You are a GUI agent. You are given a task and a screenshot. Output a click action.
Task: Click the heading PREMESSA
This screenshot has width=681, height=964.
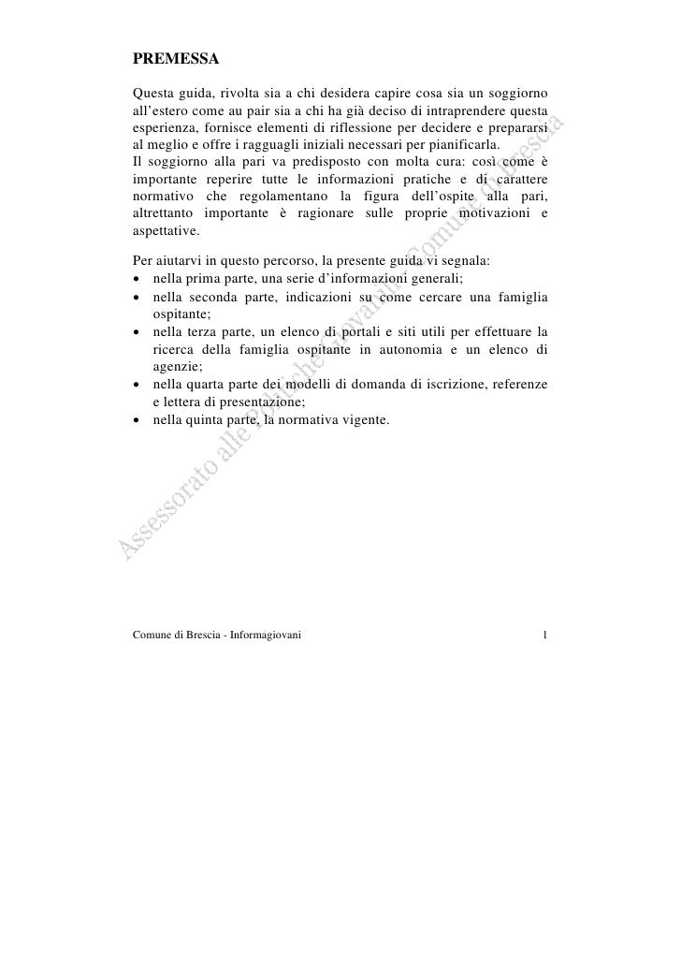pos(176,61)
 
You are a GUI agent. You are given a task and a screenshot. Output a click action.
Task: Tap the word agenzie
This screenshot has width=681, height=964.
pos(170,367)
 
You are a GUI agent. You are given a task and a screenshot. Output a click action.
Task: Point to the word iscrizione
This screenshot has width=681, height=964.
pos(453,385)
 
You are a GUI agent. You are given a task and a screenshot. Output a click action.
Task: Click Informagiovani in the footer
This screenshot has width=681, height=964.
pos(263,638)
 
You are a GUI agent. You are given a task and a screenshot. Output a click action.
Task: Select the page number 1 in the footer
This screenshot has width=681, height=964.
pos(544,638)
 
